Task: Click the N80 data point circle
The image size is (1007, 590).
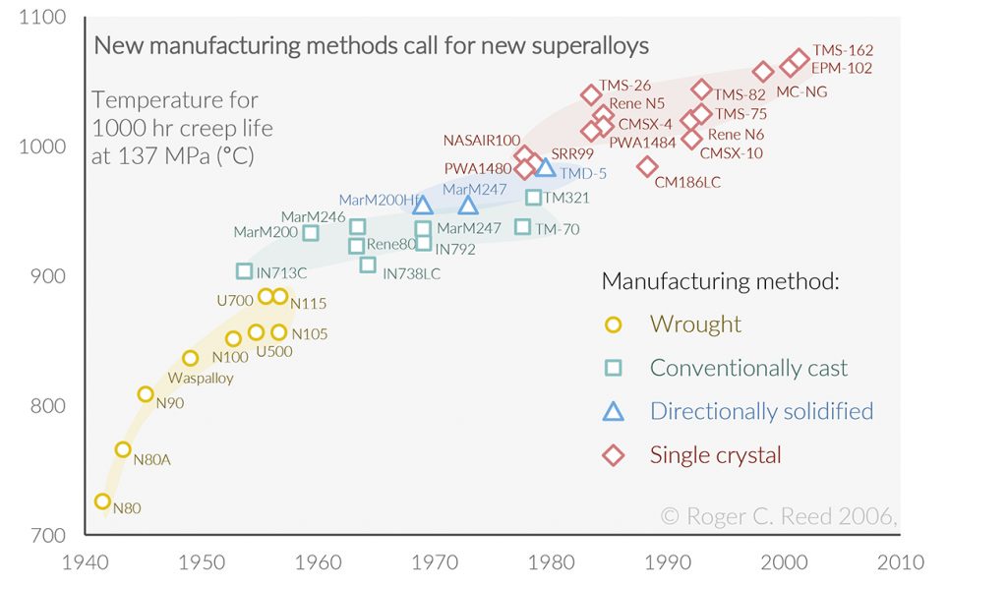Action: point(102,501)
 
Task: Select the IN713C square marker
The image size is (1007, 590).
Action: point(245,271)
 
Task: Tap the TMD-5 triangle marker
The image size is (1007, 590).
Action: point(546,168)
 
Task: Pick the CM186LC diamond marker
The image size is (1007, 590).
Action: point(647,166)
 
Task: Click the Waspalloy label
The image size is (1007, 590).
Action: point(201,378)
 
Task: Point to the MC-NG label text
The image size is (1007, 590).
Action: point(801,91)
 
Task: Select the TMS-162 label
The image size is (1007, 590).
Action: point(843,50)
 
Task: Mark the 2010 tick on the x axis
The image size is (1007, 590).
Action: point(901,562)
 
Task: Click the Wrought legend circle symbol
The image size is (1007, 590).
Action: point(614,324)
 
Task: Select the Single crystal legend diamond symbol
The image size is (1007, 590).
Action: point(614,455)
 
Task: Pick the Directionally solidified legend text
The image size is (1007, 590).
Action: point(761,411)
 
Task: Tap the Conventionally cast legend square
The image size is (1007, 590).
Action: point(614,368)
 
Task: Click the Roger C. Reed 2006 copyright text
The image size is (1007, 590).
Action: point(778,515)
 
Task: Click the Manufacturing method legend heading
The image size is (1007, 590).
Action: point(720,281)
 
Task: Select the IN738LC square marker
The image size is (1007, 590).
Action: point(368,265)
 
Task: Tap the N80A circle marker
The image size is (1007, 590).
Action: point(123,449)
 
